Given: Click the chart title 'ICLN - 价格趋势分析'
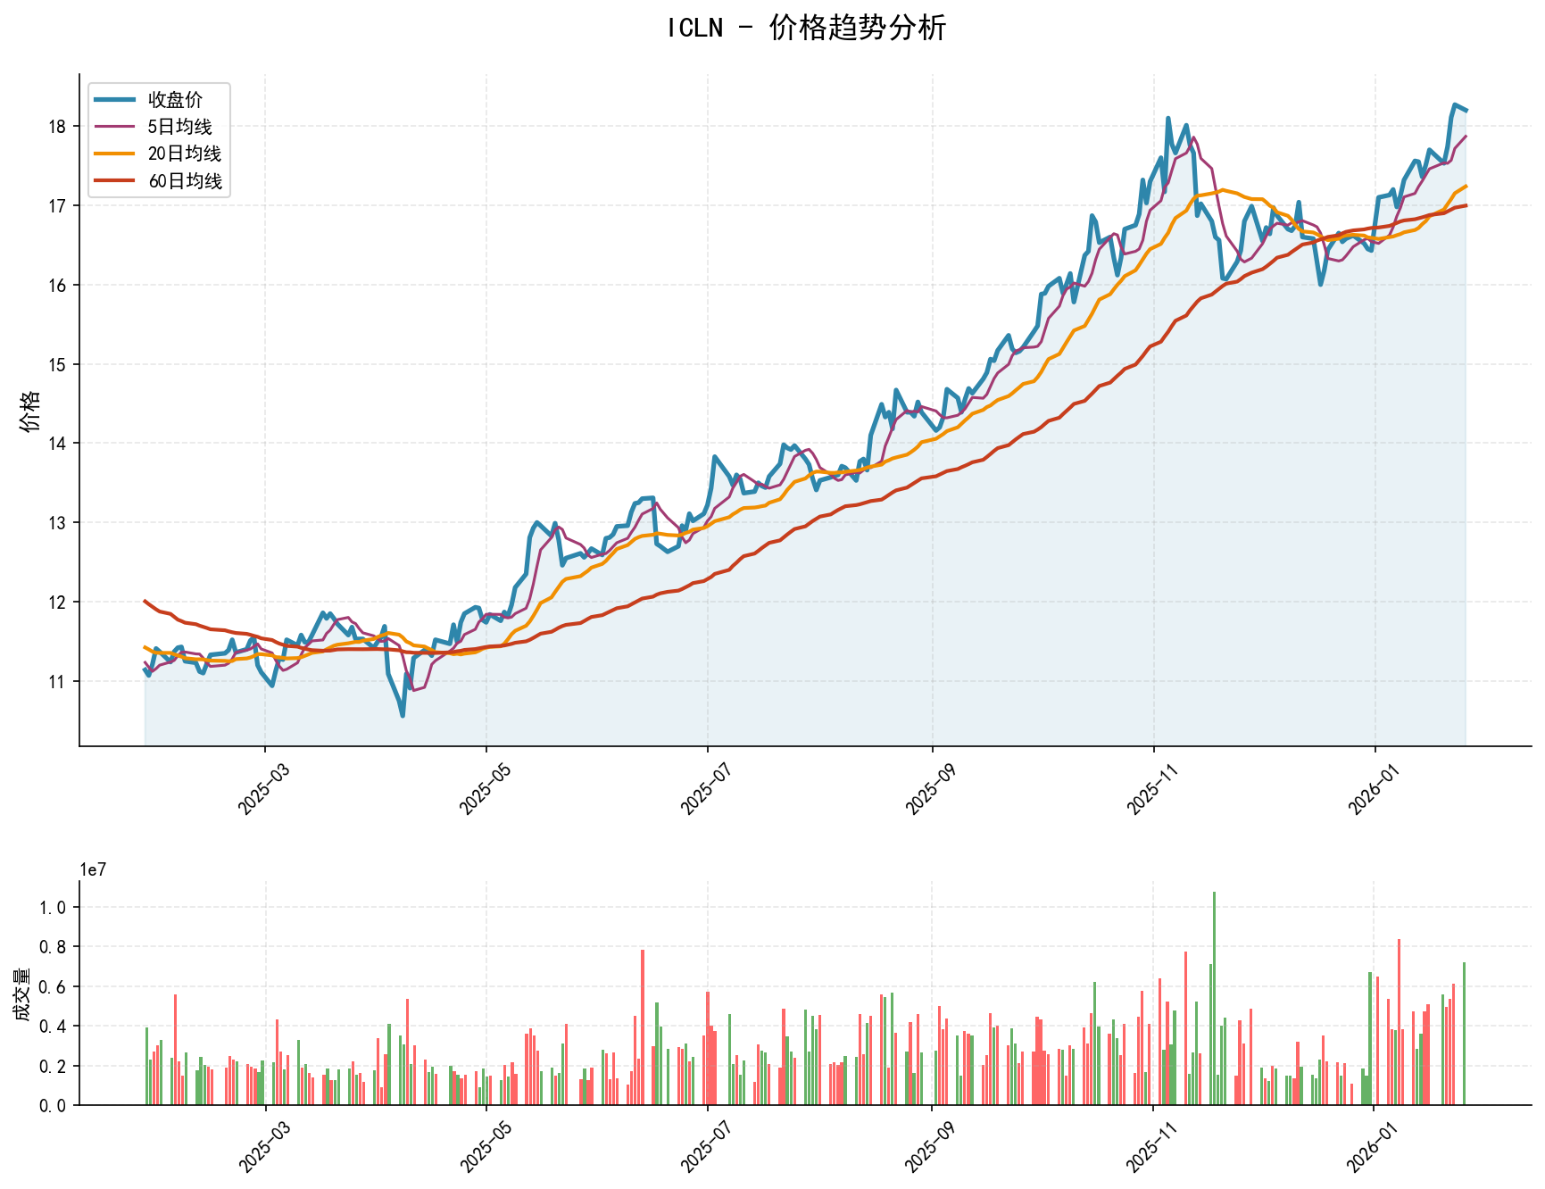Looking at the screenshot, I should tap(806, 29).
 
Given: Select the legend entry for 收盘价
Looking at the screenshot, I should tap(175, 100).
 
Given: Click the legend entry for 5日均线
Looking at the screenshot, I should tap(179, 127).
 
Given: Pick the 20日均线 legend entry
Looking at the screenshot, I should tap(184, 154).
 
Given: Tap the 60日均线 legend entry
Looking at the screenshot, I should tap(184, 181).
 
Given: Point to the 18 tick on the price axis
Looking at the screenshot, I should tap(59, 127).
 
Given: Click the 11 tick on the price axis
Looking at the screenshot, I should tap(59, 682).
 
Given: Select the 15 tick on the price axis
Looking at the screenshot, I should tap(59, 364).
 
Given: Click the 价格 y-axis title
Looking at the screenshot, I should tap(30, 411).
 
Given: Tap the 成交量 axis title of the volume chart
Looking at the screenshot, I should tap(21, 994).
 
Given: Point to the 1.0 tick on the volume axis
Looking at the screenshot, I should tap(53, 908).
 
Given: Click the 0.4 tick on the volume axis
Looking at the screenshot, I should tap(53, 1027).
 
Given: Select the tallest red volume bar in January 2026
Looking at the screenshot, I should tap(1399, 1022).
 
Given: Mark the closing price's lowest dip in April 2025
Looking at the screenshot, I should tap(403, 715).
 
